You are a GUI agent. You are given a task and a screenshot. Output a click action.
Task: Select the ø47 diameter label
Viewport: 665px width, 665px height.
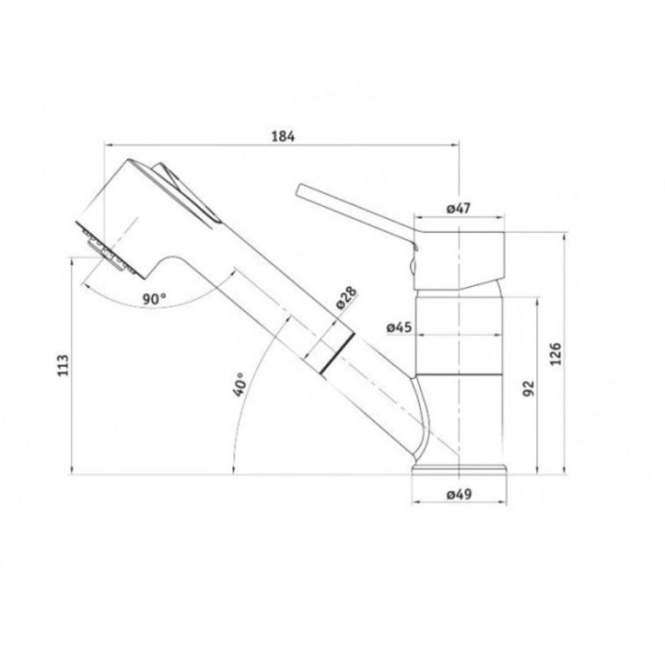(458, 208)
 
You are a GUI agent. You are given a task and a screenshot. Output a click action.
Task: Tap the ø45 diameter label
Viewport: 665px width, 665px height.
(400, 327)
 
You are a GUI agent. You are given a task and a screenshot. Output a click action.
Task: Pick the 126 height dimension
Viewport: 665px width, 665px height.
(556, 354)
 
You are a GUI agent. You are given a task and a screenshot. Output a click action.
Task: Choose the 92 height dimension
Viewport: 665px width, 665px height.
(529, 388)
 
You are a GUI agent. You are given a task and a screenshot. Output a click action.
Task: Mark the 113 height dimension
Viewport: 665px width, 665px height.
(63, 366)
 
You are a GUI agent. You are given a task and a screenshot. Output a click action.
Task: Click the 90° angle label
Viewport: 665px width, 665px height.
(154, 299)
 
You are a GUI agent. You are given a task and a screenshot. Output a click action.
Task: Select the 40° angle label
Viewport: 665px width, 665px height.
(239, 384)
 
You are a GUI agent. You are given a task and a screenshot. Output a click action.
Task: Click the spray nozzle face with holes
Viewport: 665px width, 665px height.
(106, 249)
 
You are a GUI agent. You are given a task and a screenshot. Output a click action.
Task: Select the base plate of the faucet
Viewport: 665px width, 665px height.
(459, 470)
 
